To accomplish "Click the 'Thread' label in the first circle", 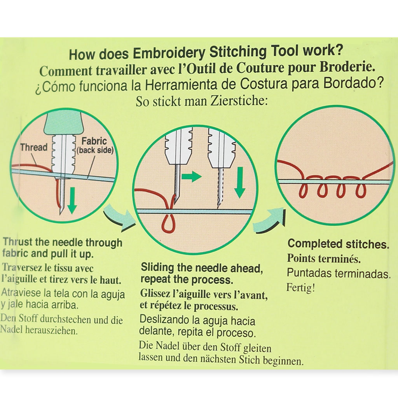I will point(34,147).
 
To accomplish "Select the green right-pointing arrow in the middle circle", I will point(192,177).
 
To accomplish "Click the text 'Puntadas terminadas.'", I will point(339,273).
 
